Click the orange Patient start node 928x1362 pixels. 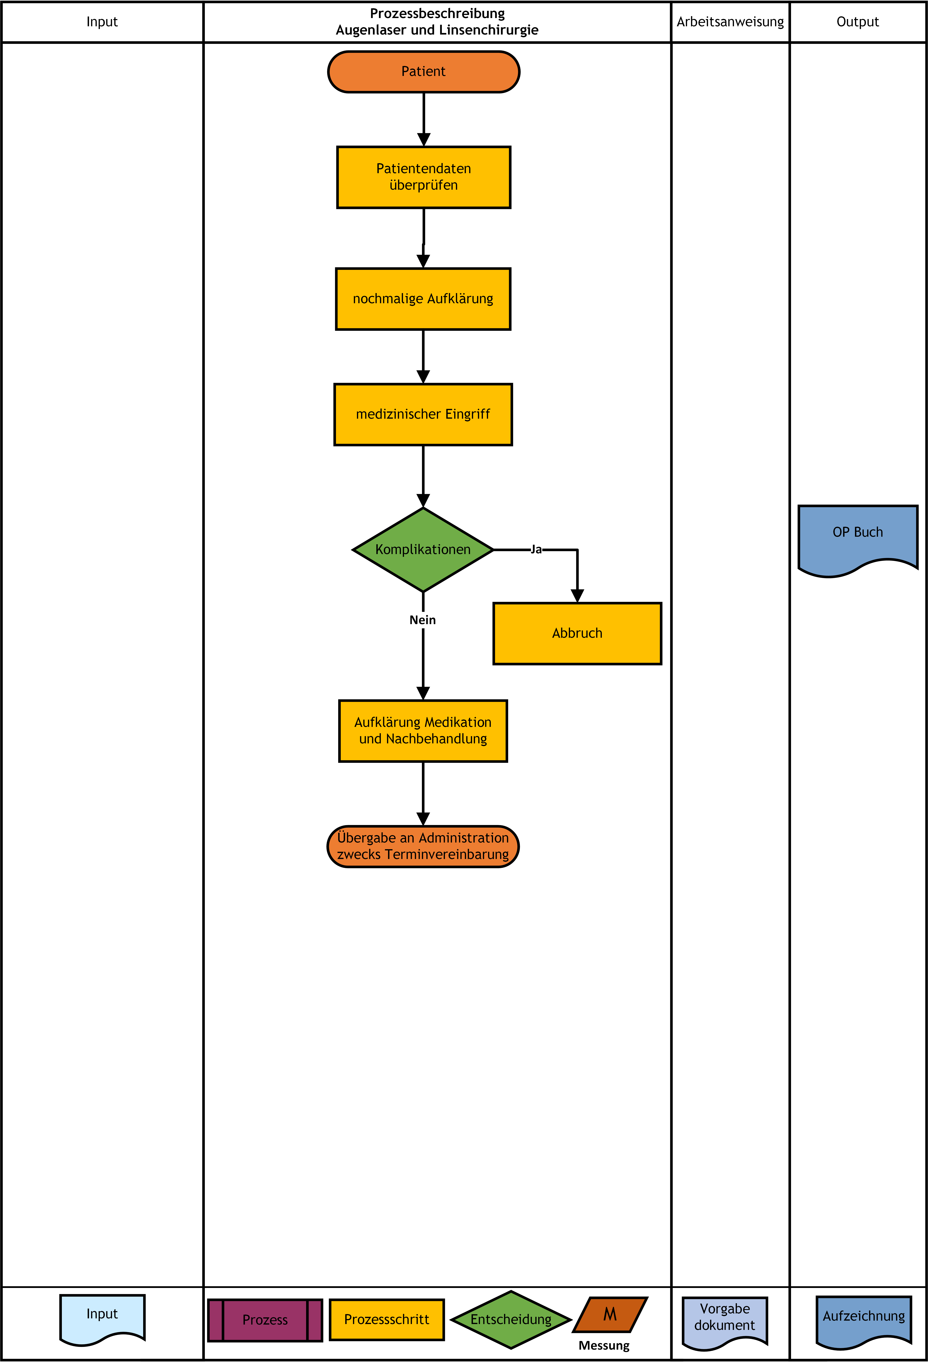pyautogui.click(x=423, y=71)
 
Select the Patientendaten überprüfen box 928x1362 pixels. pyautogui.click(x=423, y=177)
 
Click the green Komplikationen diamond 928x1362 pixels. pyautogui.click(x=423, y=550)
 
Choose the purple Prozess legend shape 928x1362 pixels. pyautogui.click(x=265, y=1320)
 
